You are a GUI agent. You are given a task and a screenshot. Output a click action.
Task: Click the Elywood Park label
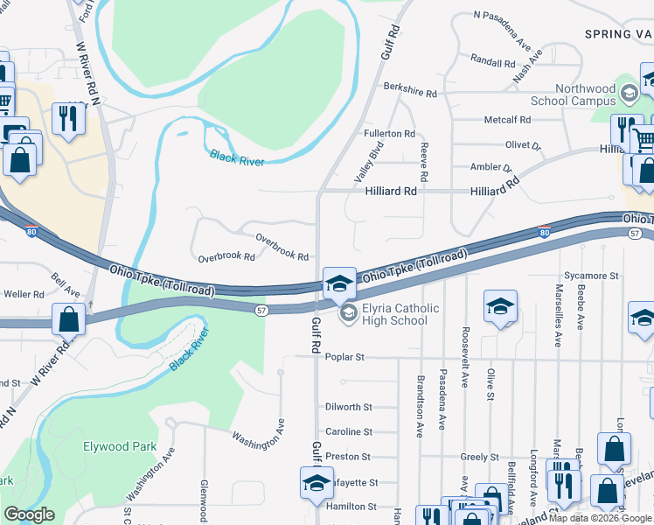click(120, 446)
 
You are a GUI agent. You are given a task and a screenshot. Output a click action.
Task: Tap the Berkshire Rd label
click(410, 89)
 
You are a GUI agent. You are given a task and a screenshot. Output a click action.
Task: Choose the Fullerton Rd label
click(389, 133)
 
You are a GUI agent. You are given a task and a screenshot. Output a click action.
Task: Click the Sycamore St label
click(591, 276)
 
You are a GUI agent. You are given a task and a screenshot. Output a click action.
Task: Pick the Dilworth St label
click(348, 407)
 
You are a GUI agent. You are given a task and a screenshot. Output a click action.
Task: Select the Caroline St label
click(348, 431)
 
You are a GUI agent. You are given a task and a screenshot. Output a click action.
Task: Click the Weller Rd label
click(24, 294)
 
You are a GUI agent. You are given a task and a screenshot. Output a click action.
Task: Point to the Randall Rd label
click(492, 63)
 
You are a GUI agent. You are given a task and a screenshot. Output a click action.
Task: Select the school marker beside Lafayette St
click(317, 482)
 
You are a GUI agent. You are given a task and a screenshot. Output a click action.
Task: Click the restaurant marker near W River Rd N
click(67, 117)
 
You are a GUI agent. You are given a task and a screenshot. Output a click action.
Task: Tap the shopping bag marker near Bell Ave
click(68, 319)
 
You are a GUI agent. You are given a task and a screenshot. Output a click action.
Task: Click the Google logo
click(29, 514)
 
